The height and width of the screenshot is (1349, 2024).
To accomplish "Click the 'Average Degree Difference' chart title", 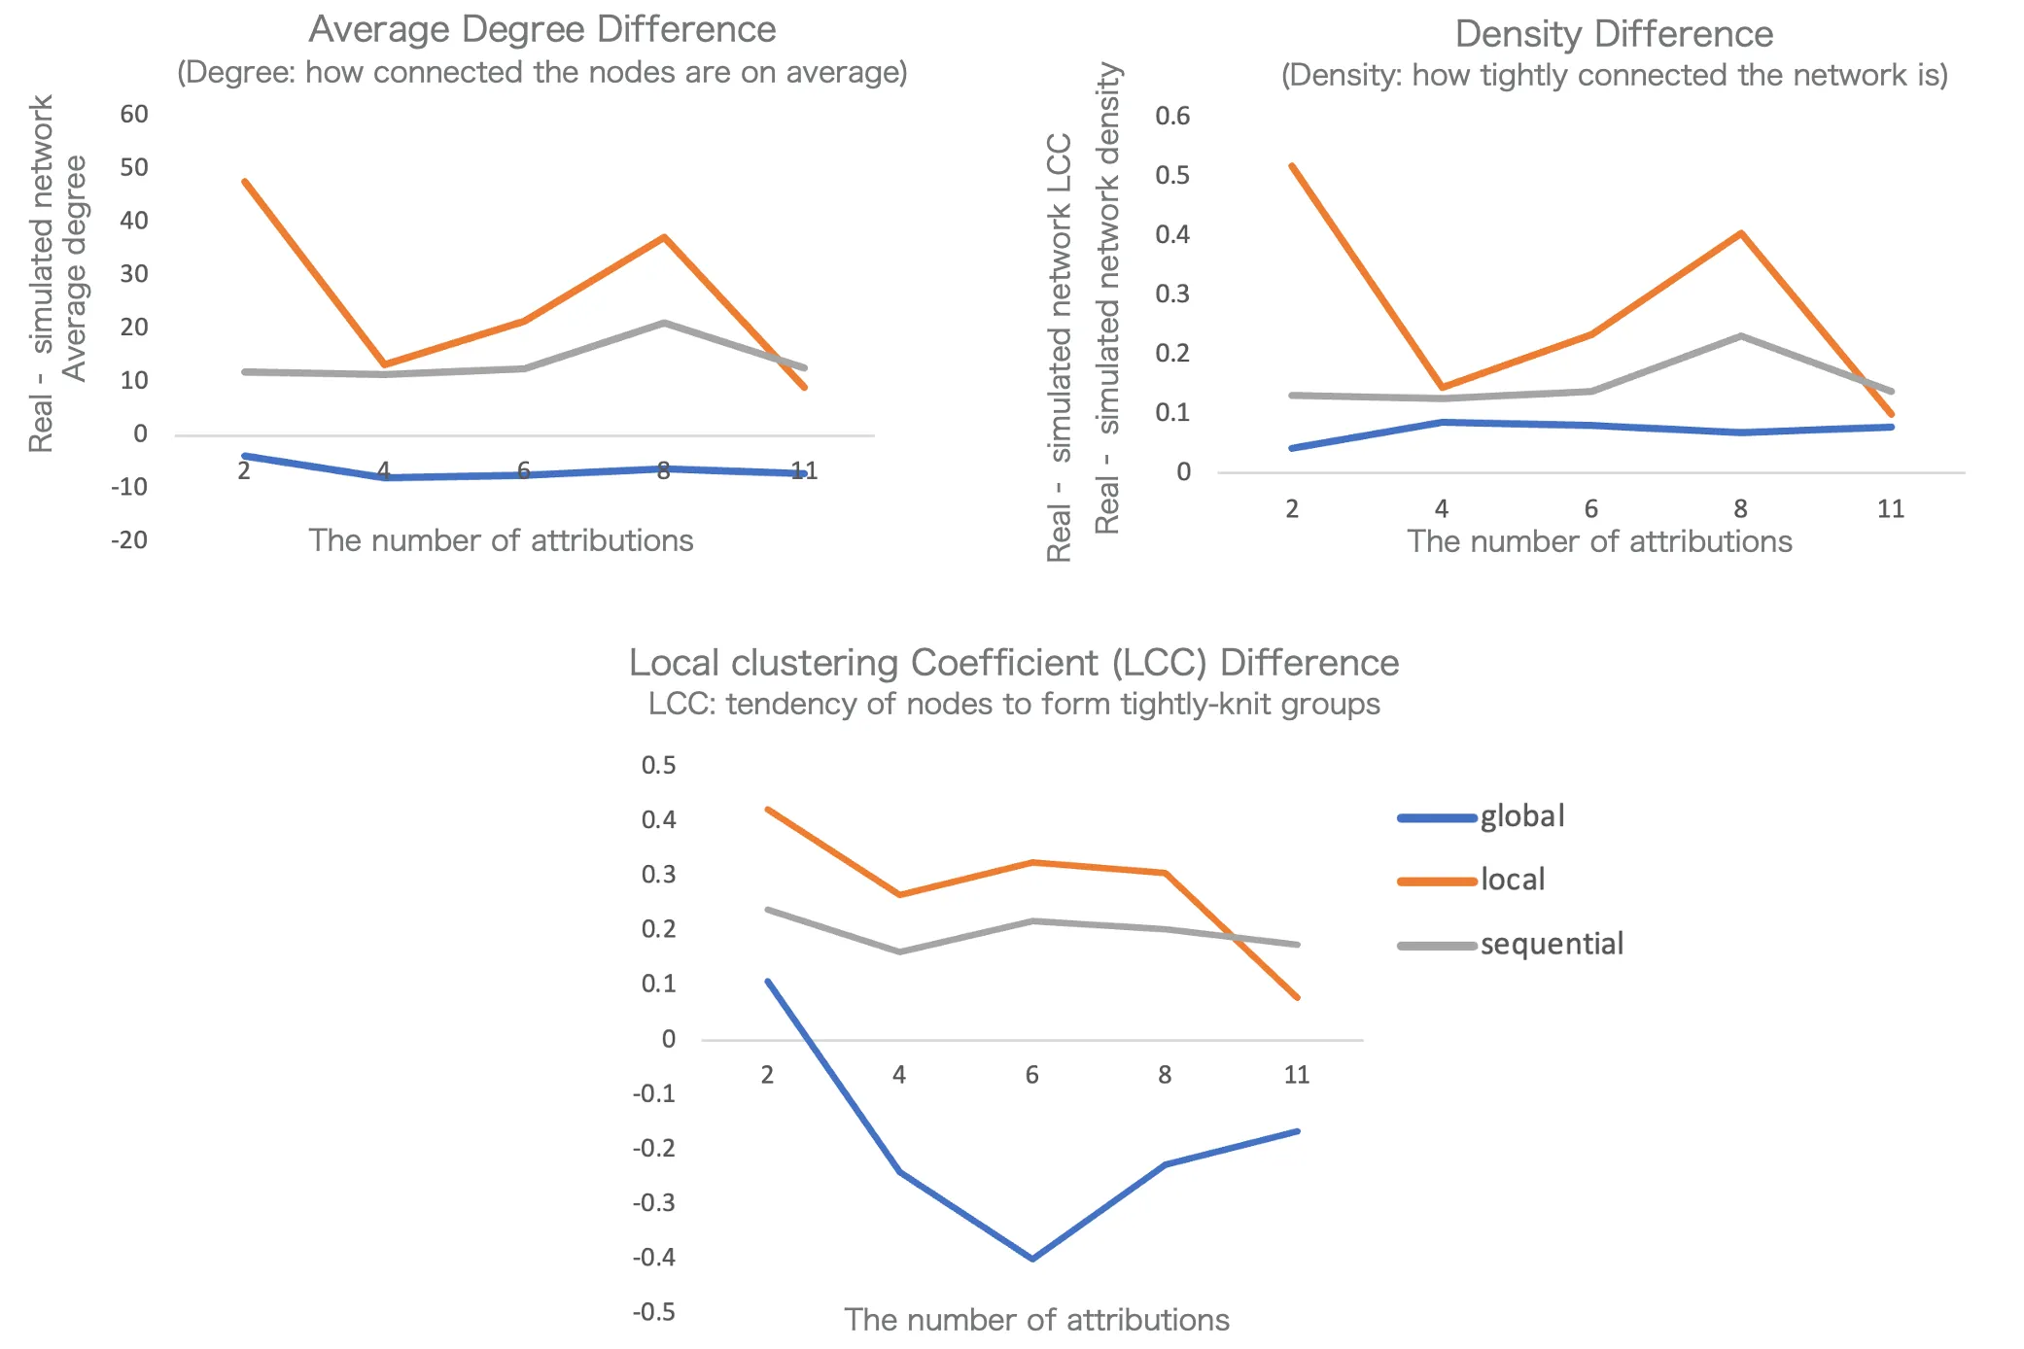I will point(541,29).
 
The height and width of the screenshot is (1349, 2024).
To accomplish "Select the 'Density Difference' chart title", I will point(1614,34).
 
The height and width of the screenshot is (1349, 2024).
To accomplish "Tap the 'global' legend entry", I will point(1521,816).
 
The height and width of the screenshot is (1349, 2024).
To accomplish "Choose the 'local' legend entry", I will point(1512,880).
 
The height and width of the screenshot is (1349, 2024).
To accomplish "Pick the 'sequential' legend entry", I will point(1551,944).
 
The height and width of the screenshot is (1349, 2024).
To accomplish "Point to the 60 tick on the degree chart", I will point(134,115).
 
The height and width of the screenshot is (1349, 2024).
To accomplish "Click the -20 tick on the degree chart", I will point(129,540).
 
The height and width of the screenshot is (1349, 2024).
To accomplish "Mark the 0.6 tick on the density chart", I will point(1171,117).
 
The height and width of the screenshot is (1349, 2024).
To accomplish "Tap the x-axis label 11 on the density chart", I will point(1890,509).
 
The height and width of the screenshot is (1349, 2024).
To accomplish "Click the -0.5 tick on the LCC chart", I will point(653,1312).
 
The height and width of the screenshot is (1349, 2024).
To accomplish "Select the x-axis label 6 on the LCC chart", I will point(1031,1075).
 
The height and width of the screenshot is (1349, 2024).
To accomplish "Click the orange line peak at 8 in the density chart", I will point(1740,233).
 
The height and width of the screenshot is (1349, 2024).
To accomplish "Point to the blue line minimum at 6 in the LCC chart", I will point(1031,1259).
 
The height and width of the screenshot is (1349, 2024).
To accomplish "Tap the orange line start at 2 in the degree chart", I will point(245,182).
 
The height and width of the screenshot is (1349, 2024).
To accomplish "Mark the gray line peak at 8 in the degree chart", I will point(664,323).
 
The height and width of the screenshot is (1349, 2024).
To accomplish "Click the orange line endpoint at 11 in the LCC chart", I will point(1297,997).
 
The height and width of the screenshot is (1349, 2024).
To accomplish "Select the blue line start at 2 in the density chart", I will point(1292,448).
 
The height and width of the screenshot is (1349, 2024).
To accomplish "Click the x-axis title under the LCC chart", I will point(1036,1320).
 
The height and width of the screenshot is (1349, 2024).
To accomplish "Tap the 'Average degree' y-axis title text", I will point(74,269).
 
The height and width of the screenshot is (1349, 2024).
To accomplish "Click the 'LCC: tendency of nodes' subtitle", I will point(1014,704).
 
